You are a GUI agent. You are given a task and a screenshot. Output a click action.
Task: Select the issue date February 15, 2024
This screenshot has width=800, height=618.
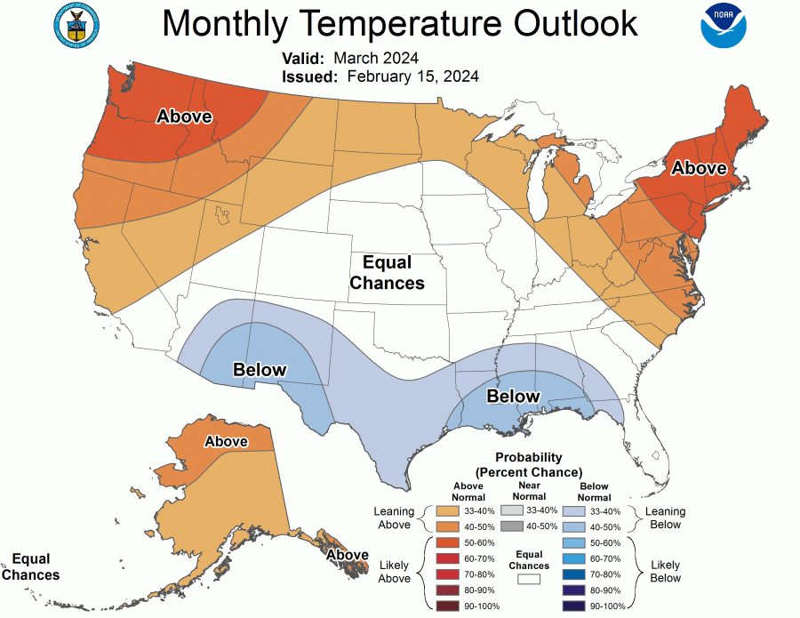[x=413, y=76]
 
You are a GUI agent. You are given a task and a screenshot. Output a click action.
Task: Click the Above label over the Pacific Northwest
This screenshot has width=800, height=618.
[x=184, y=116]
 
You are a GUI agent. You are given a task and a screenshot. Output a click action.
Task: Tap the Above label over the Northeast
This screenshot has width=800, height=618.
[x=699, y=168]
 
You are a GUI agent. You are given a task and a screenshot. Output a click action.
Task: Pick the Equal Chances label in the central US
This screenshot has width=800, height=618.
[x=387, y=272]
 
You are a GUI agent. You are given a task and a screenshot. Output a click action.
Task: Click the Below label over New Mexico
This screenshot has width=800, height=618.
[x=260, y=370]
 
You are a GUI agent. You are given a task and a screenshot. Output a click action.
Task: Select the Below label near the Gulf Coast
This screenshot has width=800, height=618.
[x=513, y=396]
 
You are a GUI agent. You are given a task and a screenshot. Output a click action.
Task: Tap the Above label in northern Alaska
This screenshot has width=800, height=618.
[x=226, y=441]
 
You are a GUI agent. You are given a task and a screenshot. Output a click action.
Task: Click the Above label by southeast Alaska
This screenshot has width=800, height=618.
[x=347, y=555]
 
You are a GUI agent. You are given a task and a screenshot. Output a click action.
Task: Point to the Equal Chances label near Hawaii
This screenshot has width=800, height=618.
[x=30, y=566]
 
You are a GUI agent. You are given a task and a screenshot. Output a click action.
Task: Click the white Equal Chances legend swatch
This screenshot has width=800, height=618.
[x=530, y=579]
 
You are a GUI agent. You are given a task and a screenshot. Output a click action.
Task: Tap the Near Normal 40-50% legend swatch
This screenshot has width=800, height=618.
[x=512, y=526]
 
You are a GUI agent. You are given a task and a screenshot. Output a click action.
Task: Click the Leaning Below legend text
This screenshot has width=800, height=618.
[x=664, y=518]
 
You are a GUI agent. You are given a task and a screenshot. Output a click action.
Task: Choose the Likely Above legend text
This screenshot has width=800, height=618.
[x=394, y=572]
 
